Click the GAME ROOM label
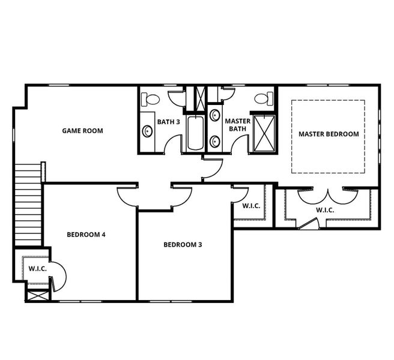tap(83, 130)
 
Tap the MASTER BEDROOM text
tap(329, 134)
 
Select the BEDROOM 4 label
tap(86, 234)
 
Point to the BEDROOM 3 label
tap(183, 244)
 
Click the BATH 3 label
tap(169, 122)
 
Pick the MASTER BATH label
tap(237, 125)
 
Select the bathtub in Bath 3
tap(195, 133)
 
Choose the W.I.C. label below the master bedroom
tap(325, 210)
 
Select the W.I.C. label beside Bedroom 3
tap(250, 206)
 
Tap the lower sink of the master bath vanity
tap(215, 142)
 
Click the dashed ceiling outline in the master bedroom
tap(328, 100)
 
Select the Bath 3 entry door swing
tap(173, 144)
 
